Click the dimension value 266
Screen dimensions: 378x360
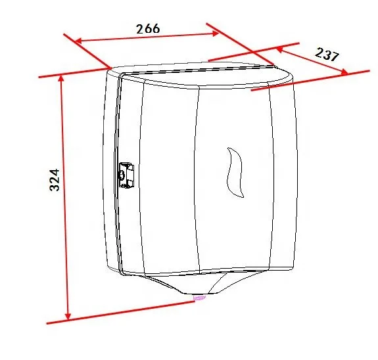click(148, 29)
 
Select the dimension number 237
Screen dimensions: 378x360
click(327, 55)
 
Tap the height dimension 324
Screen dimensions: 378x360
click(55, 180)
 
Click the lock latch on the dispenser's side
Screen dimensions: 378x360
click(126, 175)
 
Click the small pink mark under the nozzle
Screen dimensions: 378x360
click(199, 298)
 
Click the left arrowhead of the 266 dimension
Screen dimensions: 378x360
click(78, 41)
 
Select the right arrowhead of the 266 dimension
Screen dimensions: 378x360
click(215, 34)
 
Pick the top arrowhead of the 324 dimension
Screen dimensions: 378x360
click(62, 78)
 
